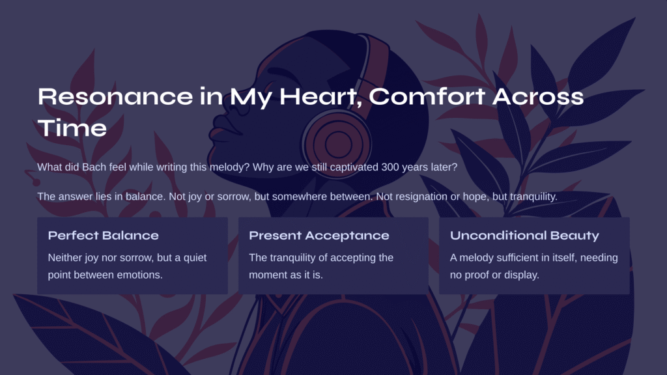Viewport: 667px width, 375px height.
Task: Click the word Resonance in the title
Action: [115, 96]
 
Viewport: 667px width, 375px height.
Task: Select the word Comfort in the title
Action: [427, 96]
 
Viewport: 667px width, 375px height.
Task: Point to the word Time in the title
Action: [72, 128]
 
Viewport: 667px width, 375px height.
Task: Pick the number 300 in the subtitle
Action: [390, 167]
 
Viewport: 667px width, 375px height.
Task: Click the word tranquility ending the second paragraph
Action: [533, 197]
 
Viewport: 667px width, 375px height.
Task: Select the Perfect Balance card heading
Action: [104, 236]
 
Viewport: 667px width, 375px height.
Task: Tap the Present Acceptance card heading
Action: [319, 236]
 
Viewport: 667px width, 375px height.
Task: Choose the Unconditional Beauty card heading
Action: [524, 236]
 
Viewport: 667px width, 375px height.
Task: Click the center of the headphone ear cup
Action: [338, 144]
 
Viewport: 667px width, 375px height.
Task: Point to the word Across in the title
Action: [538, 96]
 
